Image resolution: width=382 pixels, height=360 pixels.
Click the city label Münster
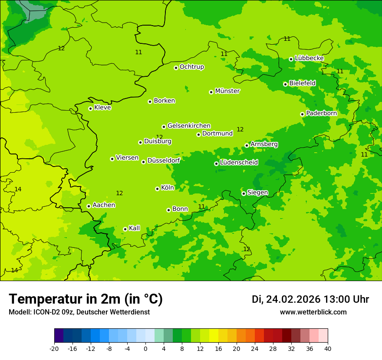coord(227,91)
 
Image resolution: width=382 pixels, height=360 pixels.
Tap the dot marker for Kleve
coord(90,108)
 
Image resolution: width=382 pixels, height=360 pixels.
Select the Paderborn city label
coord(321,113)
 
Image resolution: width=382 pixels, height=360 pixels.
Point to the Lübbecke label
coord(309,58)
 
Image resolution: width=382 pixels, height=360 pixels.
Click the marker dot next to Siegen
coord(244,193)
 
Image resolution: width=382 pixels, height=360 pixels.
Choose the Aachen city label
coord(104,205)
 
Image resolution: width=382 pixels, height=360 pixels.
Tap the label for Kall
coord(135,228)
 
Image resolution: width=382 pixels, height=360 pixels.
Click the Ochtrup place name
coord(191,67)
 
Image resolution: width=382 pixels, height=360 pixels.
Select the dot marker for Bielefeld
coord(285,84)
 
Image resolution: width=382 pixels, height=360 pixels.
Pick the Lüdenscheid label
coord(239,163)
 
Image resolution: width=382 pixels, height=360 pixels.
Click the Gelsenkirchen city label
coord(189,126)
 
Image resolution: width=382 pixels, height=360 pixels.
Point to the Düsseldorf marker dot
coord(143,162)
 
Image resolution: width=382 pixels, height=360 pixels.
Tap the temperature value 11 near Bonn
coord(201,207)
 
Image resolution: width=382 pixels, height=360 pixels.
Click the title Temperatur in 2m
coord(86,299)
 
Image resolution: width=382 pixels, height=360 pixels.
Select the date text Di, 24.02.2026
coord(286,299)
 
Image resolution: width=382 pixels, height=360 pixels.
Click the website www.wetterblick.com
coord(313,312)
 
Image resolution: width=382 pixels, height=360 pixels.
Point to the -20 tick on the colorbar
coord(54,349)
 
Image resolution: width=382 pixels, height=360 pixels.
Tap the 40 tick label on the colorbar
coord(327,349)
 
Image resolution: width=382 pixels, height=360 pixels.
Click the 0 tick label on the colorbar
coord(145,349)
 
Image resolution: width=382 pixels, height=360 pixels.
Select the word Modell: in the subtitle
coord(20,312)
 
